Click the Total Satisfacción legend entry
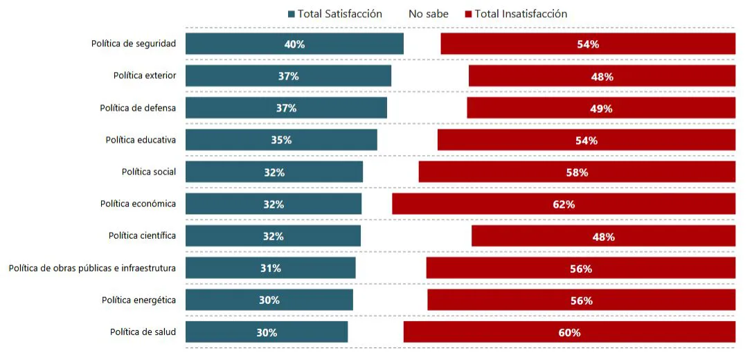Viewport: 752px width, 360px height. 334,14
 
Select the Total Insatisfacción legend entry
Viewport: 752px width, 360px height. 516,14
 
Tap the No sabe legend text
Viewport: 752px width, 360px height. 428,14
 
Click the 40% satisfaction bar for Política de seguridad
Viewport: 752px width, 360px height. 294,44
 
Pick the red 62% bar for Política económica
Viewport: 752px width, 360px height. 563,204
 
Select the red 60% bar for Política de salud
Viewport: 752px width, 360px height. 569,332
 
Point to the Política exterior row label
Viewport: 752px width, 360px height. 145,75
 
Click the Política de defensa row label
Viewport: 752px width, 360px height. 138,108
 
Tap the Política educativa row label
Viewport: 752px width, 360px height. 141,140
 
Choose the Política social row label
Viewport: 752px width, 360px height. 149,172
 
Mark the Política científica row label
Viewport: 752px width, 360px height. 142,236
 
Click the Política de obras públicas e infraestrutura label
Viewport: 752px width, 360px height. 92,268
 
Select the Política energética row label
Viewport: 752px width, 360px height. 138,300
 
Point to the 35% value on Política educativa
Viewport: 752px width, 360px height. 281,140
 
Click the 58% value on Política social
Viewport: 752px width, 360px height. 577,172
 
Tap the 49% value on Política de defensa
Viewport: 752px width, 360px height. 601,109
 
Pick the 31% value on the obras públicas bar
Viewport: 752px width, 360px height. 271,269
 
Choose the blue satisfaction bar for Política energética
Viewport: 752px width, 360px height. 269,300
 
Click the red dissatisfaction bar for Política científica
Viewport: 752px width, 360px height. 603,236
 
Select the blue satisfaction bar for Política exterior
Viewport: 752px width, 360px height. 288,76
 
